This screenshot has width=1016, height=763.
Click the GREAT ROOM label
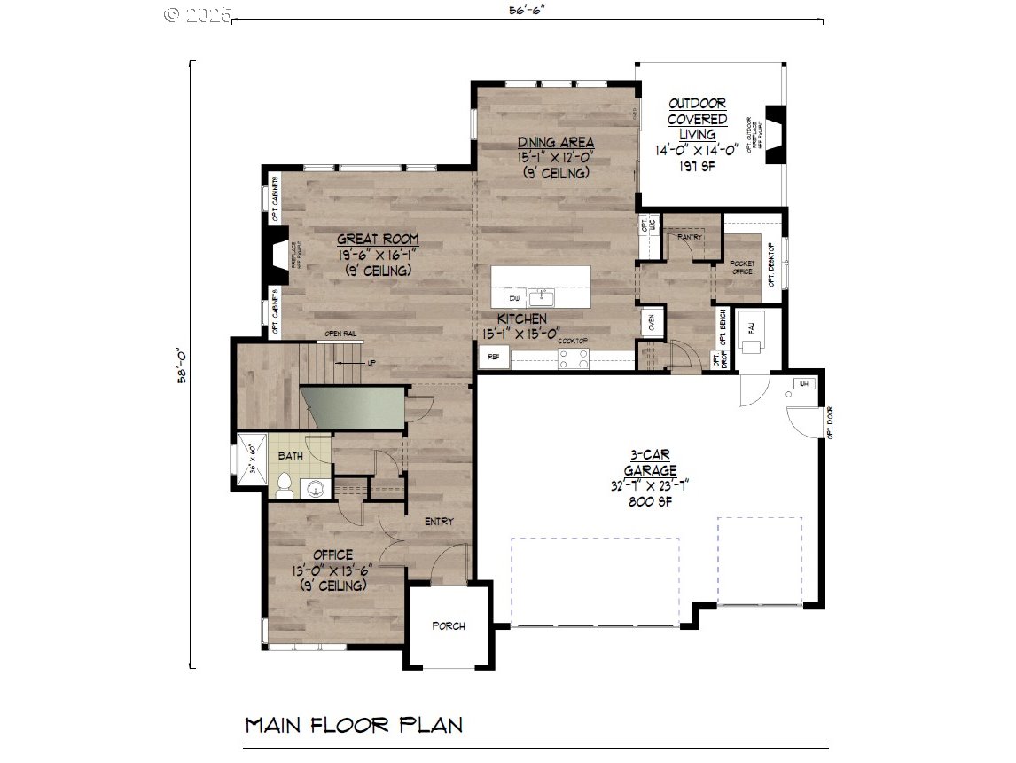377,240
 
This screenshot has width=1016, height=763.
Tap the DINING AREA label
556,143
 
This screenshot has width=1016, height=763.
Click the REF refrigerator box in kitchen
494,358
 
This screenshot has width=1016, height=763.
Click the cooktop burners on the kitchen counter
572,358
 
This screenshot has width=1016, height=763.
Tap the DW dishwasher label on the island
514,298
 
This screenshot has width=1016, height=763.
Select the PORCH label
449,625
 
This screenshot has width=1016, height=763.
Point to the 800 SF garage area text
650,500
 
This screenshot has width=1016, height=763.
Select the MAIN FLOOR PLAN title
354,725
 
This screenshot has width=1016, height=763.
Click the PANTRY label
689,237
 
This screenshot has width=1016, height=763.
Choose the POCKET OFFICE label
741,267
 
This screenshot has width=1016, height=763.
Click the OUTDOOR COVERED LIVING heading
697,118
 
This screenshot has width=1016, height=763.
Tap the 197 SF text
697,166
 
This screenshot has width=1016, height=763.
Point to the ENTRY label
438,522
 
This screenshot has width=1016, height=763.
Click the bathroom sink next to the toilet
315,488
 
